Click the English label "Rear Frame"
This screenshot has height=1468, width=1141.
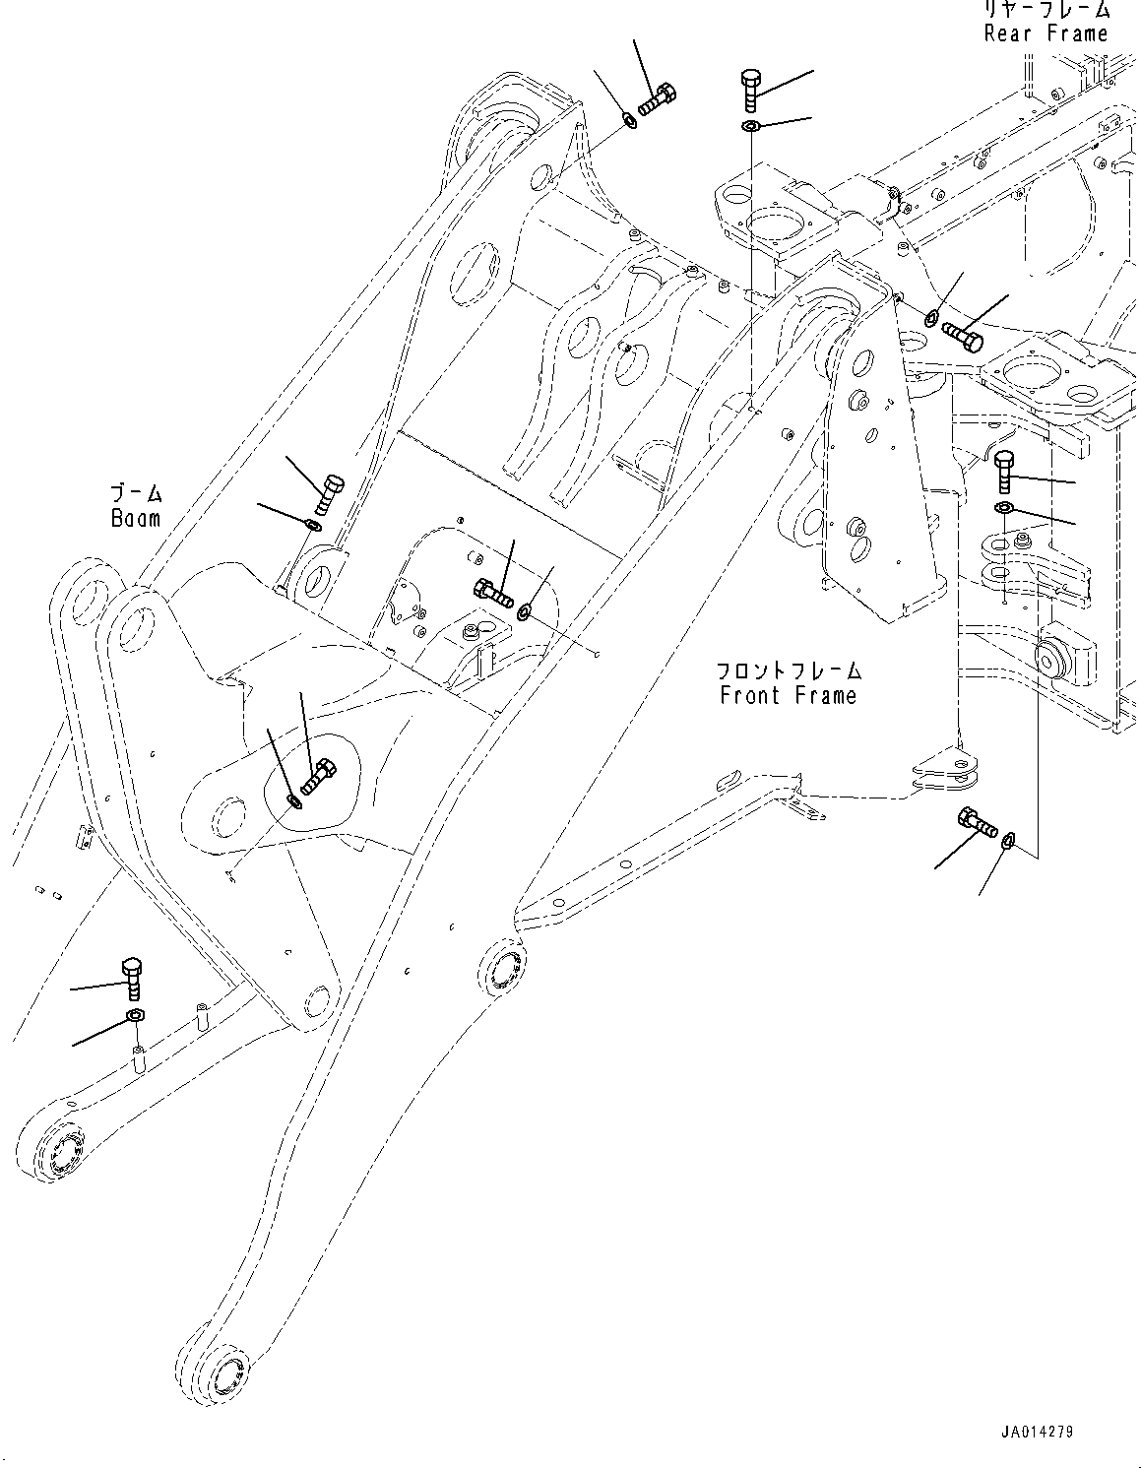point(1046,33)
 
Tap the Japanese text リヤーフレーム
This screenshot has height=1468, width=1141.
point(1046,11)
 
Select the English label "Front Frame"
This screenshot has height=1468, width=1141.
point(788,696)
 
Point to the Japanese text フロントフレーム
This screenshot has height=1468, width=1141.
point(788,671)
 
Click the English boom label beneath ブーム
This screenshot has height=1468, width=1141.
point(135,518)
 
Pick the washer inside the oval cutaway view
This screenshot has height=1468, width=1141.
point(296,800)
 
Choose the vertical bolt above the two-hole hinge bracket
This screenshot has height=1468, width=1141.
point(1003,471)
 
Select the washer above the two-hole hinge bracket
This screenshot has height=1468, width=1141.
point(1003,507)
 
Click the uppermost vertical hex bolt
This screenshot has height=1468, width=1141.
point(750,90)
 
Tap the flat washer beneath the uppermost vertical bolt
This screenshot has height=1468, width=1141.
point(750,126)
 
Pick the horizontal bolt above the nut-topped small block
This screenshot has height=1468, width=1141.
point(492,593)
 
